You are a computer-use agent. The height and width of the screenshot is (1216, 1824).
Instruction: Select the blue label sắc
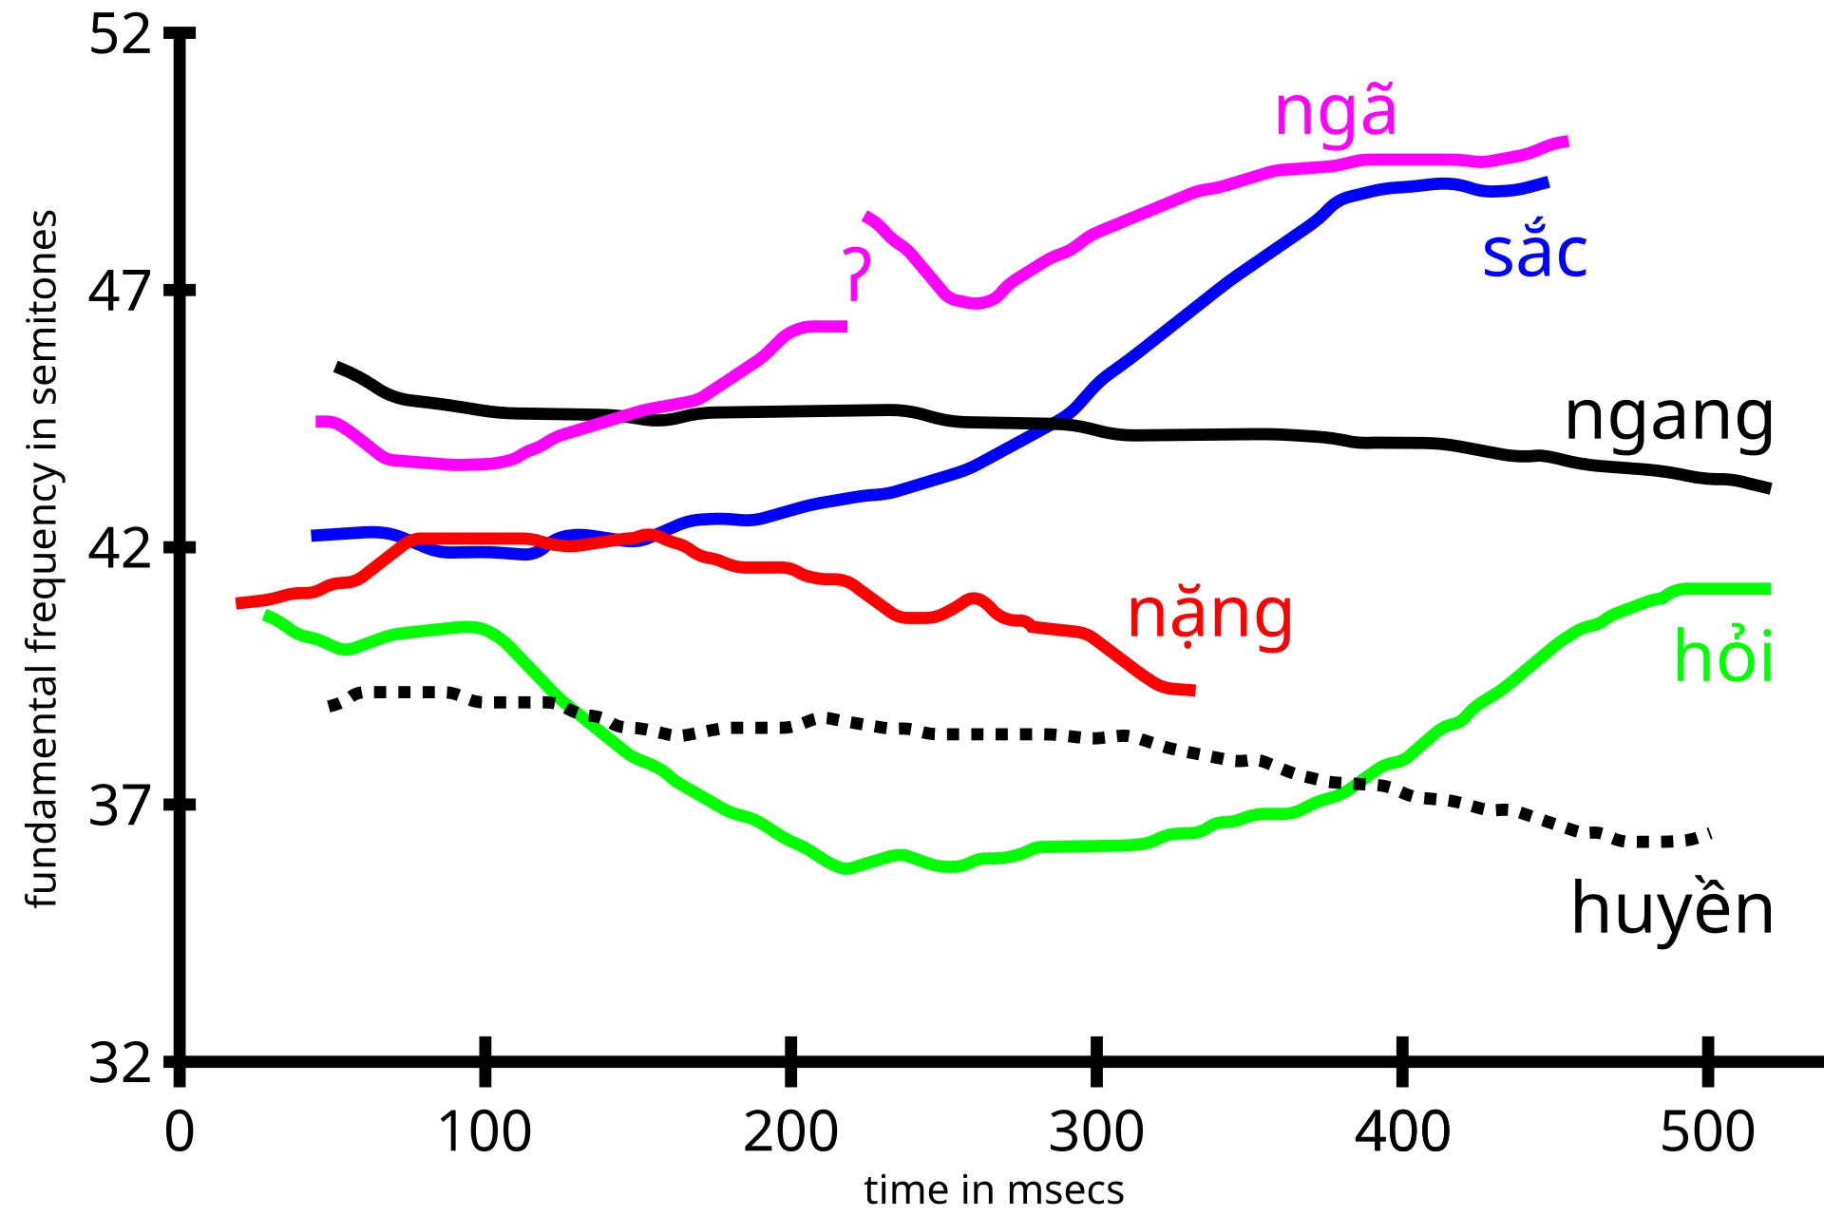tap(1534, 254)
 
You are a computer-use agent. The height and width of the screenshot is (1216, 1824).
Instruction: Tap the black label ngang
tap(1668, 419)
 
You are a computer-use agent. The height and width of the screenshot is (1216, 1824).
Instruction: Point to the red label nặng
tap(1209, 616)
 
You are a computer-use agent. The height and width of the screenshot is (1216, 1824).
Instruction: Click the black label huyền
tap(1672, 908)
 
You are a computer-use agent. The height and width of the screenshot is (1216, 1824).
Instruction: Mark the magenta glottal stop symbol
tap(857, 274)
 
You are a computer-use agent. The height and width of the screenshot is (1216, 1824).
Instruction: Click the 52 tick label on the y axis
tap(121, 36)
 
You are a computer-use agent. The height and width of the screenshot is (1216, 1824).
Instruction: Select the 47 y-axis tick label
tap(121, 291)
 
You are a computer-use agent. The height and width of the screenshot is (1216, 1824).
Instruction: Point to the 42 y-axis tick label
tap(121, 548)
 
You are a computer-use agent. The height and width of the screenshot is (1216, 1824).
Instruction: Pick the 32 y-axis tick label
tap(121, 1062)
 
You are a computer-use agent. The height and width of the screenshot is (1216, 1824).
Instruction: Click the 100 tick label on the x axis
tap(484, 1132)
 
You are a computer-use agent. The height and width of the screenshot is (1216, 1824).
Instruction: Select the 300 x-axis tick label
tap(1096, 1132)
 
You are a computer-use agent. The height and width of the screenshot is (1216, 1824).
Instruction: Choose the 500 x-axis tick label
tap(1707, 1132)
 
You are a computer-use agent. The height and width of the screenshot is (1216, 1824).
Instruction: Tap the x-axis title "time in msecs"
tap(994, 1189)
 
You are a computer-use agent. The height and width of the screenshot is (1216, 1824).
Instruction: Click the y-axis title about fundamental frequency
tap(42, 559)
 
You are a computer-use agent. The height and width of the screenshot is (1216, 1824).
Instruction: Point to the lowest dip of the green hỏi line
tap(845, 868)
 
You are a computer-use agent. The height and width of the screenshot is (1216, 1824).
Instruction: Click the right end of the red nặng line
tap(1192, 691)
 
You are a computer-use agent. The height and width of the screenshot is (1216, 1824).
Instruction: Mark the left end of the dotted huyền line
tap(332, 708)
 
